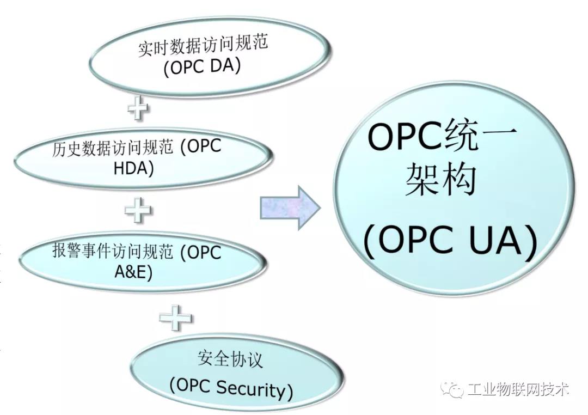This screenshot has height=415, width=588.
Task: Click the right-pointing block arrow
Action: pos(289,207)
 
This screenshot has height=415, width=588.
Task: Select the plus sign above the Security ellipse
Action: pos(175,316)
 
